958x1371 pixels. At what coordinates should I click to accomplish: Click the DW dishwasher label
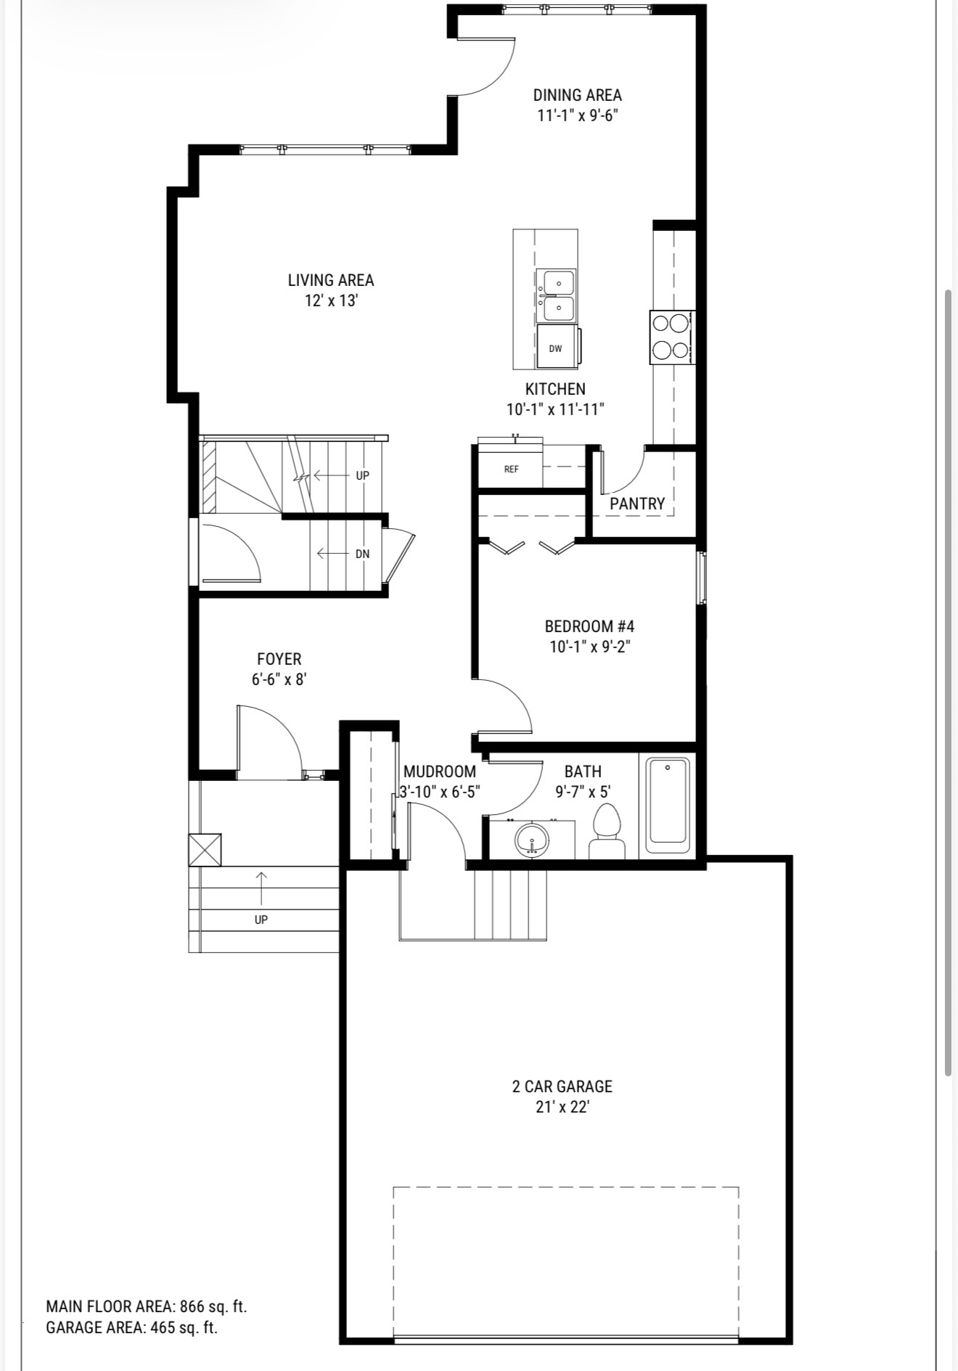(555, 349)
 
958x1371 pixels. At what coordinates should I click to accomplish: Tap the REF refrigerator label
(512, 469)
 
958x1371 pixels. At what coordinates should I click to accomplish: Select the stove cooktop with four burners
(672, 337)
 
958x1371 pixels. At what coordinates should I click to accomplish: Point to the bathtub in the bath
(668, 806)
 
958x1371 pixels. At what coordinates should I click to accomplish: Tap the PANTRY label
(637, 504)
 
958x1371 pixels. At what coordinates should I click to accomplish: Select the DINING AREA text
(578, 95)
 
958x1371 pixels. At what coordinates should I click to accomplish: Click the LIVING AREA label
(331, 280)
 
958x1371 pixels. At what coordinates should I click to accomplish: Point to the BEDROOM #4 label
(589, 626)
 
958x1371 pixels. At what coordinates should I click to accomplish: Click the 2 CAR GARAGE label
(562, 1086)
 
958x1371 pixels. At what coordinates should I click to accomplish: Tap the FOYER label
(279, 659)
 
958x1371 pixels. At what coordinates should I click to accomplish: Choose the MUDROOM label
(440, 772)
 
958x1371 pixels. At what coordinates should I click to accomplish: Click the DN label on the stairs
(363, 554)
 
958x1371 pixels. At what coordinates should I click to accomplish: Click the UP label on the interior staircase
(363, 475)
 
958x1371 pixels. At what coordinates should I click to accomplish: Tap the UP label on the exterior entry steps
(261, 920)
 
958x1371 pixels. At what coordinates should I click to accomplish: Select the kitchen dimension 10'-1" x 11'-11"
(556, 409)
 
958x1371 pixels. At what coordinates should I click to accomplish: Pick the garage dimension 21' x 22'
(562, 1107)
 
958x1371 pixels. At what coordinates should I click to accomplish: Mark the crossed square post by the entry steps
(205, 850)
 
